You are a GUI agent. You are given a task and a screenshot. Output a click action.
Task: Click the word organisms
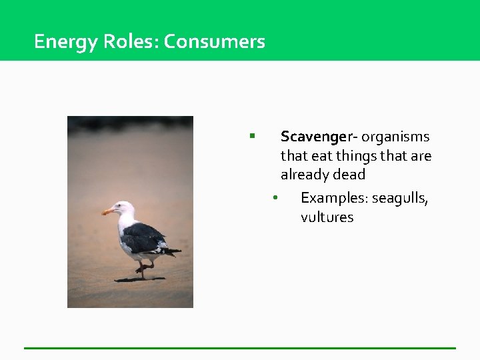pos(396,137)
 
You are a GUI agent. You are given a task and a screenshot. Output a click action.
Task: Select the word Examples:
pos(334,199)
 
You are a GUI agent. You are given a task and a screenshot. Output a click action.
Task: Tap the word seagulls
pos(400,199)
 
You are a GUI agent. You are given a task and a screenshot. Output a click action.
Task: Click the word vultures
pos(327,218)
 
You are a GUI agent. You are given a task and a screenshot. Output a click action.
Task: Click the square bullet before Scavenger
pos(252,136)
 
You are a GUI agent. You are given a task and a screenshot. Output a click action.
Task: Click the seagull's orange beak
pos(107,211)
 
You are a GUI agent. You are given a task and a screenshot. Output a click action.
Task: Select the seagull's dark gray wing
pos(144,237)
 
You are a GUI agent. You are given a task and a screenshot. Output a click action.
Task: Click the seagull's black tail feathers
pos(171,251)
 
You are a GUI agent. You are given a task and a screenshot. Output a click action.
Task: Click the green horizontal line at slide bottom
pos(240,347)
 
